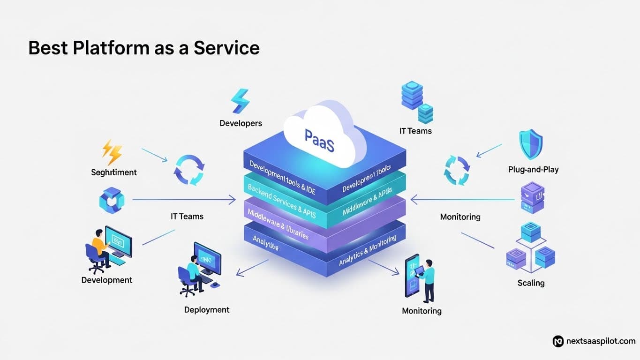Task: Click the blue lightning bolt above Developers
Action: [x=240, y=100]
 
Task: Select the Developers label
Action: [x=241, y=123]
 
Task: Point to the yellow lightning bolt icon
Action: [x=113, y=151]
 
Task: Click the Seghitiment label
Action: [x=114, y=172]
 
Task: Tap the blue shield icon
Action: [x=531, y=145]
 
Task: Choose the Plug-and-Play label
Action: [x=533, y=169]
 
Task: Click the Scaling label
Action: [x=531, y=283]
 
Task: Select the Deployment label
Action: [x=207, y=309]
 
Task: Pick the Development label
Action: [x=107, y=280]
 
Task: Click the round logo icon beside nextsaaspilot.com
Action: [x=558, y=341]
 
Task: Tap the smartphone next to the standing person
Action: [x=411, y=275]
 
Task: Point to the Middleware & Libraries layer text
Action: [x=278, y=224]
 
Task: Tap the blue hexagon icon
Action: [x=112, y=200]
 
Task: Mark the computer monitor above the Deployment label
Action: [x=207, y=257]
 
